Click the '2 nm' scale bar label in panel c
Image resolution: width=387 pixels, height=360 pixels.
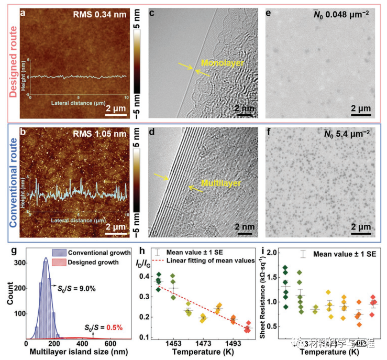click(242, 108)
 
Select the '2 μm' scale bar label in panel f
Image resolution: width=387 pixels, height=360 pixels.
click(361, 227)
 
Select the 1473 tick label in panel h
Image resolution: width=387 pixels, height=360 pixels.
click(203, 342)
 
